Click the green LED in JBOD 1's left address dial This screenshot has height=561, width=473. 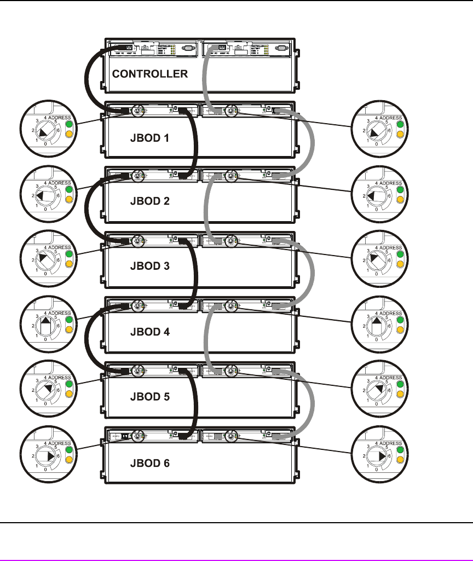tap(69, 124)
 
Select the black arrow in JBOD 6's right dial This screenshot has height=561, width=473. tap(377, 456)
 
